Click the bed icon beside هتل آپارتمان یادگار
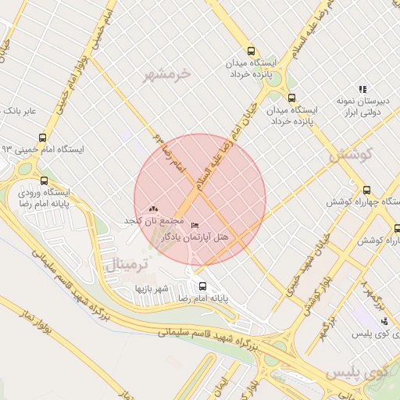point(195,227)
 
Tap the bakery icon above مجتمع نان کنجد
point(152,209)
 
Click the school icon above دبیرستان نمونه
point(362,89)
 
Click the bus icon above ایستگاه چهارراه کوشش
point(367,189)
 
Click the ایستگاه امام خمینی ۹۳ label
point(42,148)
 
